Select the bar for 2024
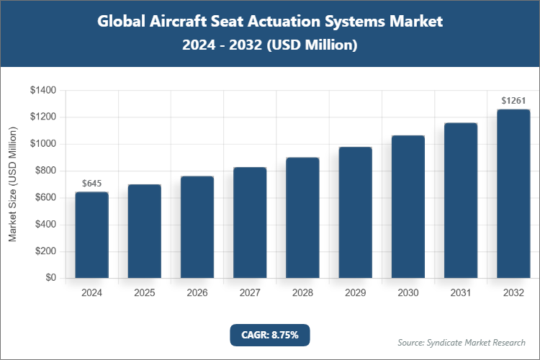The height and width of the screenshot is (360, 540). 91,235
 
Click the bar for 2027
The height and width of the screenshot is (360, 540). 250,222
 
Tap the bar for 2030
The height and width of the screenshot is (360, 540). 408,207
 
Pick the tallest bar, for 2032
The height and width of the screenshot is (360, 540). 513,194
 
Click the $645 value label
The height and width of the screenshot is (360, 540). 91,184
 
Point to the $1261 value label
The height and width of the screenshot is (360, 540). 513,101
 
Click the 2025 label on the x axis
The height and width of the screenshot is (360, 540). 144,293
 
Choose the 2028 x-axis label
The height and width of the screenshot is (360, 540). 302,293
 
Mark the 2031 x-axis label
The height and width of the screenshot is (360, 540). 461,293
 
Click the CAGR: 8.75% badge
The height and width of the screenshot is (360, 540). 269,334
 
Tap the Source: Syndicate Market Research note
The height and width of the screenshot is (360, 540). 462,342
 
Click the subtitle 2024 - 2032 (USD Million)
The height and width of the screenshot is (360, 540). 269,45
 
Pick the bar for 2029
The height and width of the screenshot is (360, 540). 355,212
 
